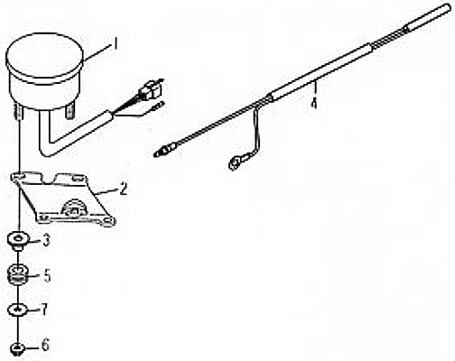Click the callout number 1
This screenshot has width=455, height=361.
coord(115,43)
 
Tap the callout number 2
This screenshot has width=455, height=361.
coord(123,189)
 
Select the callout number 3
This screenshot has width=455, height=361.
coord(46,240)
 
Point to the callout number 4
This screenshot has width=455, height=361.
coord(314,104)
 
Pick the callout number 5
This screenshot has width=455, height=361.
coord(47,276)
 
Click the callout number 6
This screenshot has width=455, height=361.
coord(45,345)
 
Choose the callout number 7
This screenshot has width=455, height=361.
coord(44,310)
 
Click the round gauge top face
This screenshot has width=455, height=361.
coord(44,55)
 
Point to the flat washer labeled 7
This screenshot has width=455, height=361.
coord(18,310)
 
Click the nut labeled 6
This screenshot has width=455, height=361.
coord(17,348)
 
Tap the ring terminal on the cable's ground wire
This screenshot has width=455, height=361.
coord(237,162)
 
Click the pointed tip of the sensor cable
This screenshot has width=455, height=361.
coord(154,154)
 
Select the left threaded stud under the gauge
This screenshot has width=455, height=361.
coord(19,110)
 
